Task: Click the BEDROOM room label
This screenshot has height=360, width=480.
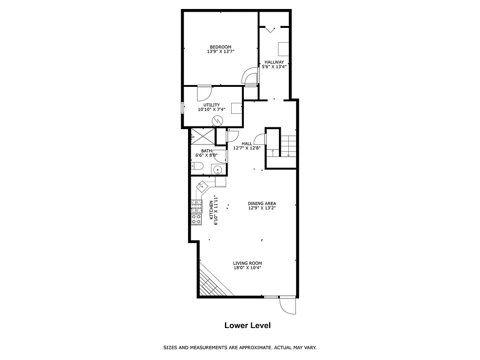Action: (x=220, y=47)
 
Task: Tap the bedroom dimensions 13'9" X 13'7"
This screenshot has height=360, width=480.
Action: (x=220, y=52)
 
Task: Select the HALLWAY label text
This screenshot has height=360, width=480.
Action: (x=274, y=62)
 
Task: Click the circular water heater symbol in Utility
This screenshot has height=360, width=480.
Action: (x=218, y=120)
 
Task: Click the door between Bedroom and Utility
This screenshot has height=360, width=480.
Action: (x=204, y=92)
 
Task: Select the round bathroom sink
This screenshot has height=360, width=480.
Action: (x=217, y=170)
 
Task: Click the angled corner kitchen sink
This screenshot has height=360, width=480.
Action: (x=202, y=184)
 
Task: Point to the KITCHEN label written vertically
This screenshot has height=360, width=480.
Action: (x=213, y=210)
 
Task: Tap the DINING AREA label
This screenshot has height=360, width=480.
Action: (x=262, y=203)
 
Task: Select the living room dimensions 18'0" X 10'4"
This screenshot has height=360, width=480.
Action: (x=247, y=268)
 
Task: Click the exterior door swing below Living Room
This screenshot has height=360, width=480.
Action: (x=287, y=306)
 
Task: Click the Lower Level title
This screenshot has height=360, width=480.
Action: (x=247, y=325)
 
